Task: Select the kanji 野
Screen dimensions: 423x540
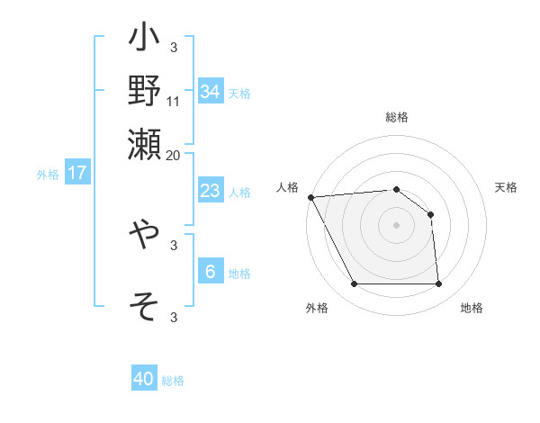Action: click(x=145, y=90)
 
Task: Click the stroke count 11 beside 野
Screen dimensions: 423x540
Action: click(x=174, y=102)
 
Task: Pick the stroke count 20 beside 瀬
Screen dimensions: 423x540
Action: click(x=174, y=154)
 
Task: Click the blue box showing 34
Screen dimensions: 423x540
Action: click(x=210, y=92)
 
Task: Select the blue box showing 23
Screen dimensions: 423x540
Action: click(x=210, y=191)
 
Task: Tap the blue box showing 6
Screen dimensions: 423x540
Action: click(x=210, y=272)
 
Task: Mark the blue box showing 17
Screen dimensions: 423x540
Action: click(x=77, y=173)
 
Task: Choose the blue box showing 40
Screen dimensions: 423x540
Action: click(x=144, y=379)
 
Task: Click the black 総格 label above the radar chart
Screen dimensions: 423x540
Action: click(x=397, y=118)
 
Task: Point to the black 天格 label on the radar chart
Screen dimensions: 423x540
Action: click(x=506, y=187)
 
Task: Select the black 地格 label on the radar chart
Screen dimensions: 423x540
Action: click(x=472, y=309)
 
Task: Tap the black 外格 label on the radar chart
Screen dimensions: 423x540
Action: click(x=317, y=309)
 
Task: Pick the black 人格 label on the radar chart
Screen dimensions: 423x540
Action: click(x=288, y=187)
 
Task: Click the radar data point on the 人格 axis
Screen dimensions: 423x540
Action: click(x=310, y=197)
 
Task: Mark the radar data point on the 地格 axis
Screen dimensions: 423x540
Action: click(x=439, y=284)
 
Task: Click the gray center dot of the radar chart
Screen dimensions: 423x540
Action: click(x=397, y=225)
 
